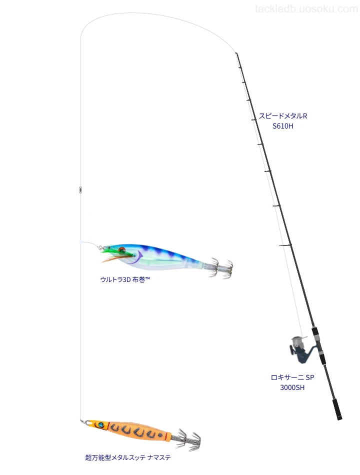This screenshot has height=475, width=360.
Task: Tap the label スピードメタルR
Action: tap(282, 115)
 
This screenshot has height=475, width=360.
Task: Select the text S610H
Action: tap(282, 126)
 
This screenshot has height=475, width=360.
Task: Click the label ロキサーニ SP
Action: tap(292, 377)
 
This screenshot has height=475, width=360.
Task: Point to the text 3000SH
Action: tap(292, 387)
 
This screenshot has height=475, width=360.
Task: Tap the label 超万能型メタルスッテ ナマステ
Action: tap(128, 457)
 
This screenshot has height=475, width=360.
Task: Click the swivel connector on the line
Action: tap(80, 189)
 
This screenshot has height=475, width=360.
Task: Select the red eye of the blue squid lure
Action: tap(122, 250)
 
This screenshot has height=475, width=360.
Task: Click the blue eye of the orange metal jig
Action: tap(100, 425)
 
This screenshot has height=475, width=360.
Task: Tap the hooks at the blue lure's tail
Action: tap(220, 267)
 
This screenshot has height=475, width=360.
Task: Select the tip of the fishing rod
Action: tap(236, 53)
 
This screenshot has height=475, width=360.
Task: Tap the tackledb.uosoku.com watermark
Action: tap(306, 9)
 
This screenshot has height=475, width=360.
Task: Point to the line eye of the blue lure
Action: tap(99, 247)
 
